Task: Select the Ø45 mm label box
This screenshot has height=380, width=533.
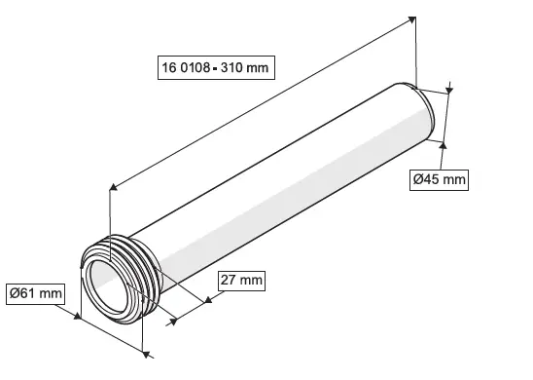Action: (x=438, y=179)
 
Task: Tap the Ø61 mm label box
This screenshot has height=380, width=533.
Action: (x=36, y=291)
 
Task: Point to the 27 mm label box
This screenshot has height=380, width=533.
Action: (x=239, y=281)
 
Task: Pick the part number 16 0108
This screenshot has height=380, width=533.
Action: (x=190, y=67)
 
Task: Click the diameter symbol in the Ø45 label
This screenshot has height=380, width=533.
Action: (x=417, y=179)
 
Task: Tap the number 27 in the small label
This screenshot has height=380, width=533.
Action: (x=229, y=281)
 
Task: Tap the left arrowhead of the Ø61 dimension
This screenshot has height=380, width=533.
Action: (x=78, y=314)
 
